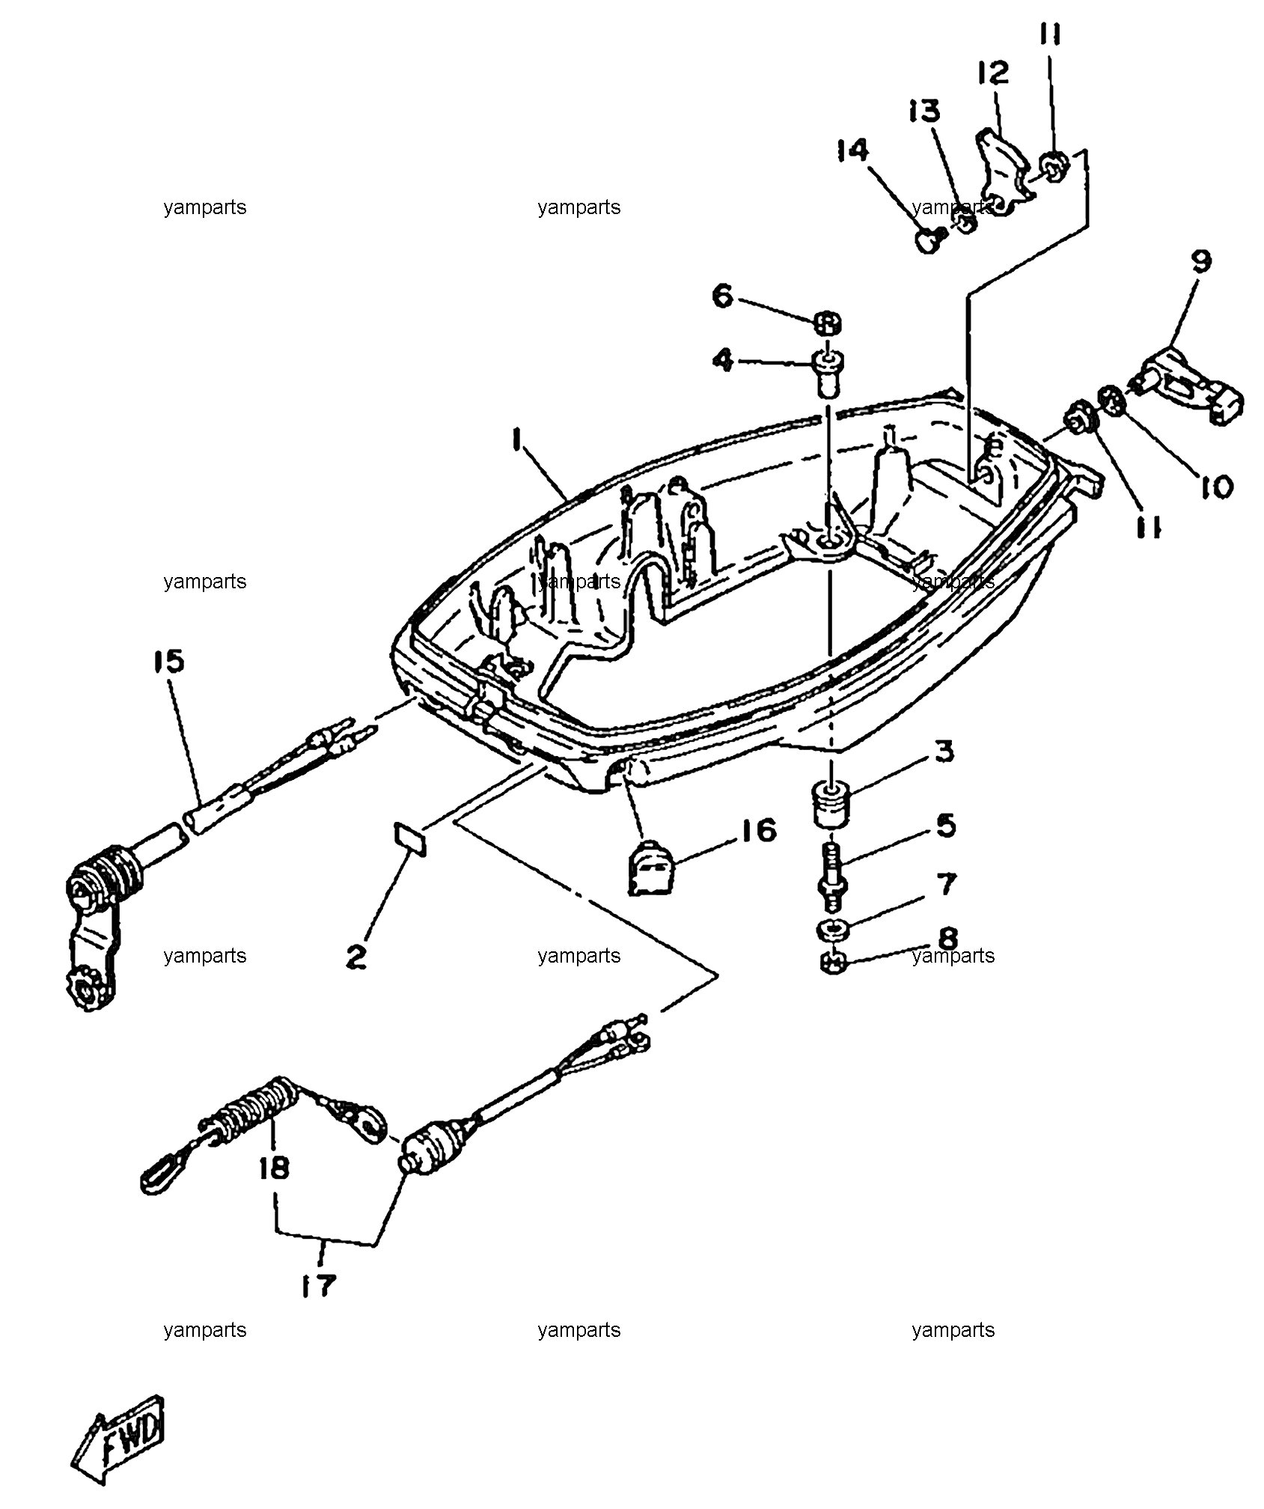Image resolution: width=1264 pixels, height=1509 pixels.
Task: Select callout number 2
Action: coord(356,957)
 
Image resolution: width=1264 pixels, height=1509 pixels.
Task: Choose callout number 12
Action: coord(993,73)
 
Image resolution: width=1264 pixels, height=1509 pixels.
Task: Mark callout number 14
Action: coord(853,150)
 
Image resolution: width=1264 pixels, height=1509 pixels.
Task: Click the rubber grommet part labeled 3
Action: coord(831,804)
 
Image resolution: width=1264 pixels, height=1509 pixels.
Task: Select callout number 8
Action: coord(947,938)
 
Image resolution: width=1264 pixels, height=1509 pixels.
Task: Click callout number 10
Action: coord(1215,487)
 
